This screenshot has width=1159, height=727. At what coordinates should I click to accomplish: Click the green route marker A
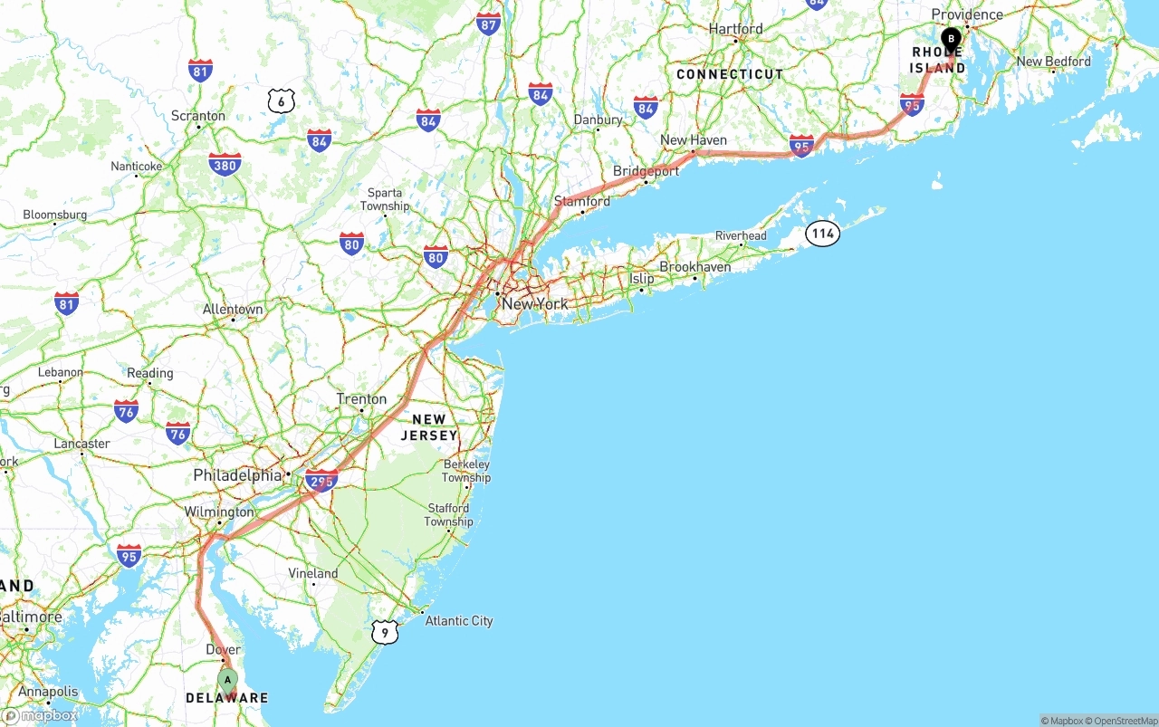point(227,679)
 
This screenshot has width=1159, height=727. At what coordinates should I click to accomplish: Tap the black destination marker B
point(951,39)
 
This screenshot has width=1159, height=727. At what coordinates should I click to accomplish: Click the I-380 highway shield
point(224,165)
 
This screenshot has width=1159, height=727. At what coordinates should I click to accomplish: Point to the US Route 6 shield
point(282,100)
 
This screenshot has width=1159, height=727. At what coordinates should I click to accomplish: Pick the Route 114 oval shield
point(822,234)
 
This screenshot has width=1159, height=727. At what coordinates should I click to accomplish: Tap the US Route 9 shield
point(385,632)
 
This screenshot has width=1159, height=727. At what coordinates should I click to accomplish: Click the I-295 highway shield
point(321,480)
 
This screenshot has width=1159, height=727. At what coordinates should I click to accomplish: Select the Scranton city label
point(198,116)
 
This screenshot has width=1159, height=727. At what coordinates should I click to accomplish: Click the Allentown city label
point(233,310)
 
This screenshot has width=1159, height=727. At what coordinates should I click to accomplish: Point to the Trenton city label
point(361,399)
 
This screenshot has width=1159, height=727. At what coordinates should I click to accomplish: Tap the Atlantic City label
point(459,621)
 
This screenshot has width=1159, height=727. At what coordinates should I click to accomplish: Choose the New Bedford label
point(1054,62)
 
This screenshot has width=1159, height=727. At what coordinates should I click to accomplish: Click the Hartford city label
point(736,29)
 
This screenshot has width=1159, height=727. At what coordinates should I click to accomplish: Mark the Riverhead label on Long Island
point(741,236)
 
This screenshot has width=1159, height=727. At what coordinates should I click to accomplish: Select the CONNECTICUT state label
point(730,74)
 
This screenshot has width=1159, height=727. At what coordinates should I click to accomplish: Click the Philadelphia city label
point(237,475)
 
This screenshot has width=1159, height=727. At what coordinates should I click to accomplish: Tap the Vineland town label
point(312,573)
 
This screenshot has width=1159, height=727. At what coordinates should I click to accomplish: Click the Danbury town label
point(598,120)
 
